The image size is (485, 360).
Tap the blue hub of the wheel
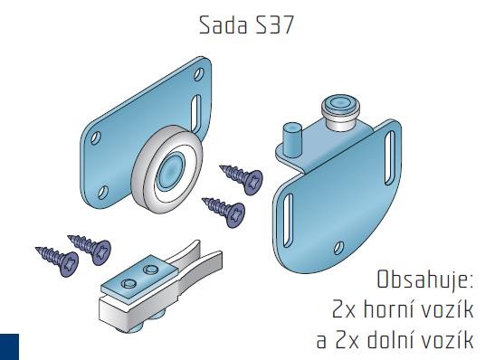click(170, 168)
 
